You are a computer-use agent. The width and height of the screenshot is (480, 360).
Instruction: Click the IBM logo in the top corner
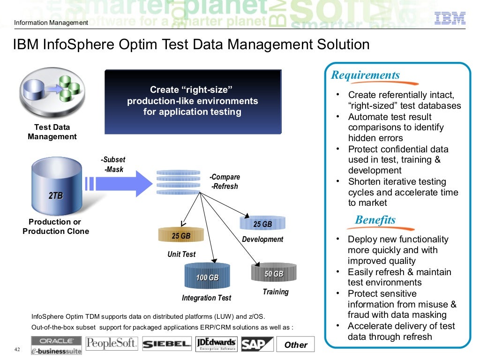coord(450,18)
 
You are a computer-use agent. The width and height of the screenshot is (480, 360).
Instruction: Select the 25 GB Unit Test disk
coord(181,235)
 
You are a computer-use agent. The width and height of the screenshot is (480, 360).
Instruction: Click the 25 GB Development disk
coord(262,224)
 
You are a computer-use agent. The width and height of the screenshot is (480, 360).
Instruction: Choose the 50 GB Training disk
coord(274,273)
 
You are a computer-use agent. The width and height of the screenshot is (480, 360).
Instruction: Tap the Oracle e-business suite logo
coord(57,345)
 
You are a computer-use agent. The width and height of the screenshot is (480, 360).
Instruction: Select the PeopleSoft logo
coord(112,344)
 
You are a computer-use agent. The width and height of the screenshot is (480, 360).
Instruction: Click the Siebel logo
coord(167,344)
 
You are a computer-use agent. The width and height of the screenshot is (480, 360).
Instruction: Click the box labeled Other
coord(296,345)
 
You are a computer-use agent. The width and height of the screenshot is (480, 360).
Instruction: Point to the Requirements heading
coord(366,75)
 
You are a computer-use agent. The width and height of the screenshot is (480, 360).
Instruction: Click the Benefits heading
coord(375,220)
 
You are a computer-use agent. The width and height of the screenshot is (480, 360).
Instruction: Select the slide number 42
coord(17,349)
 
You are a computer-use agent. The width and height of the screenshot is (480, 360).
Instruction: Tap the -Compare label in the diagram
coord(225,177)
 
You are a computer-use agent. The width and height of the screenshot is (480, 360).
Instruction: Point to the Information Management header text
coord(51,23)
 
